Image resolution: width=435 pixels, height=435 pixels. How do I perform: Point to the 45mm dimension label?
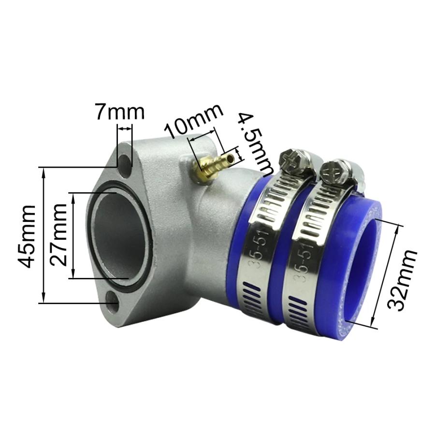(26, 235)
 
